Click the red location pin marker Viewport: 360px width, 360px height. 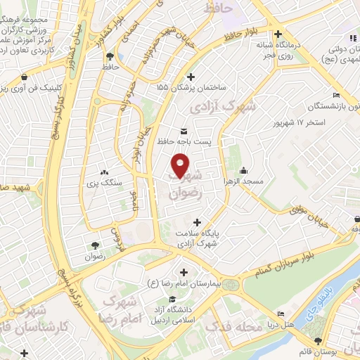(x=181, y=165)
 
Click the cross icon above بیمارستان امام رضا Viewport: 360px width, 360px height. (x=184, y=272)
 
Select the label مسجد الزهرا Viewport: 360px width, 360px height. (x=243, y=181)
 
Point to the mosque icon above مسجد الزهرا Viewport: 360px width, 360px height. (x=243, y=170)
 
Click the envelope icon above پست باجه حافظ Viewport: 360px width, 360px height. (x=184, y=131)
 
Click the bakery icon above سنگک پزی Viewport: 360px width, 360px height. (x=105, y=172)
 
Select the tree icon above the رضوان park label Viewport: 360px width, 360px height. (x=94, y=245)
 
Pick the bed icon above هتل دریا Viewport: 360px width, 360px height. (x=281, y=314)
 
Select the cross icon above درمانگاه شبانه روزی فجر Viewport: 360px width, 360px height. (x=279, y=34)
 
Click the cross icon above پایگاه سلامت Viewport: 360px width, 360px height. (x=205, y=222)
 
